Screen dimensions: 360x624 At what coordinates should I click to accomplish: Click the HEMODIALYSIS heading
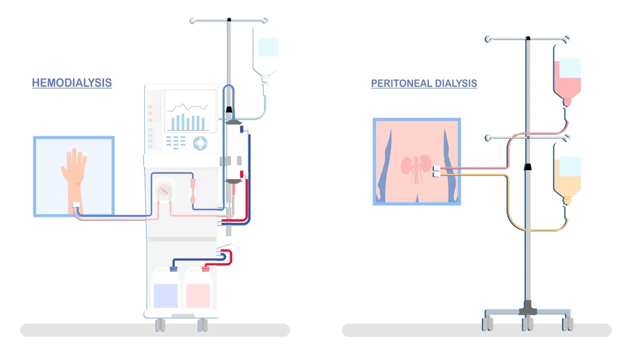point(72,82)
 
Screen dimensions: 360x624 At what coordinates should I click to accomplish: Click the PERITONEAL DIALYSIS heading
point(424,83)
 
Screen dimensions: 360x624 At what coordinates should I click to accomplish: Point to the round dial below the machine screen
point(200,144)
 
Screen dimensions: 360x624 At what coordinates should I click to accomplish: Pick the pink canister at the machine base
point(197,293)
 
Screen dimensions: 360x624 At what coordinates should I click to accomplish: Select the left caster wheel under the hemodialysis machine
point(160,325)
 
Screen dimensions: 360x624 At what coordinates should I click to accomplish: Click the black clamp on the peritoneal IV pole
point(528,166)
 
